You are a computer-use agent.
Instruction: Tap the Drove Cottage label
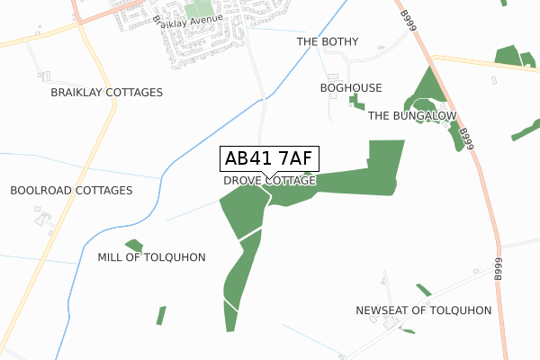point(270,181)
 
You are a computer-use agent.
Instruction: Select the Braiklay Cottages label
point(107,93)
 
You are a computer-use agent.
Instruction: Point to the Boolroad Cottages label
point(71,191)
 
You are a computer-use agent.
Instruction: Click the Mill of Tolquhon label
point(152,257)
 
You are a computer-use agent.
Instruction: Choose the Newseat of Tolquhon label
point(424,310)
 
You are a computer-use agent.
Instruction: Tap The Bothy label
point(328,42)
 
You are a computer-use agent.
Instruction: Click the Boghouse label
point(351,88)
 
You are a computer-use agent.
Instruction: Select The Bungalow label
point(412,116)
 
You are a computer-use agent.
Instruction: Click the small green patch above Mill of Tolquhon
point(134,245)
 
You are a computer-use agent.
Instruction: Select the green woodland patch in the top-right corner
point(508,55)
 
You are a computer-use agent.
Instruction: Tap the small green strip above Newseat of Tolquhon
point(423,290)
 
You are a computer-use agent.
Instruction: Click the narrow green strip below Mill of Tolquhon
point(161,315)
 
